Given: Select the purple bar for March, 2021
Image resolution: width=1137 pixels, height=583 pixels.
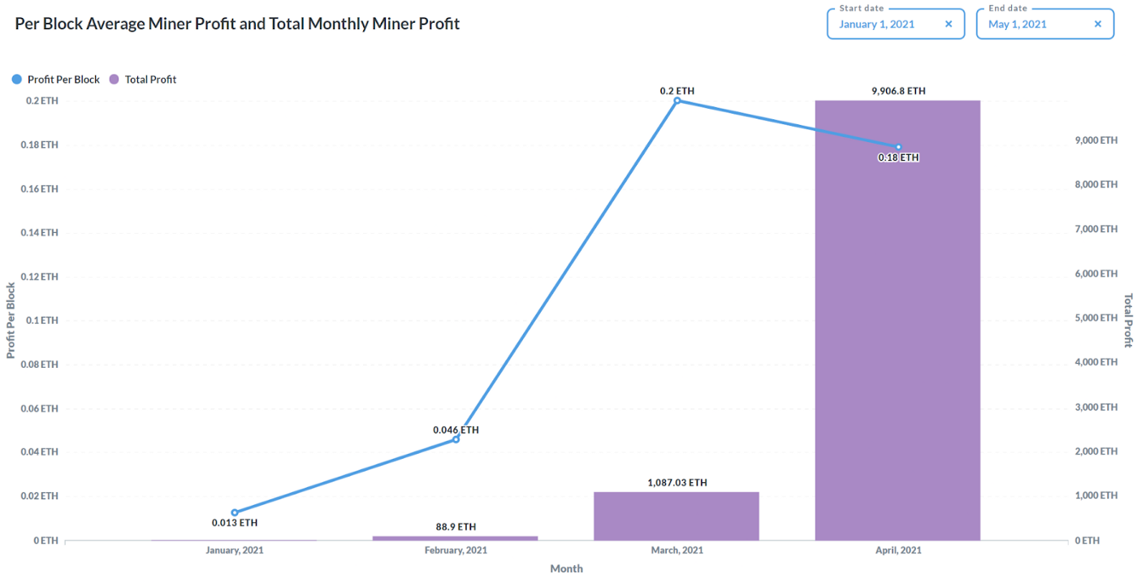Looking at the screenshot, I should pos(677,516).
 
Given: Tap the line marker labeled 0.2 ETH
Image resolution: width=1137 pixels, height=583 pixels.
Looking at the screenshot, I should pos(677,101).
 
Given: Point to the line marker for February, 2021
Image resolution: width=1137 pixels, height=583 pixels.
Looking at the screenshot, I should pos(456,439).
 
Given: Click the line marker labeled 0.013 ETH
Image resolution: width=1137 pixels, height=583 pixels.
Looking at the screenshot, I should pos(235,512).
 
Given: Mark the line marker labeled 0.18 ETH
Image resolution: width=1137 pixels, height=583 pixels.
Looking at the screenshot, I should pos(898,147).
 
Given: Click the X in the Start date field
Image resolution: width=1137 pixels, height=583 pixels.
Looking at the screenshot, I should pos(948,24).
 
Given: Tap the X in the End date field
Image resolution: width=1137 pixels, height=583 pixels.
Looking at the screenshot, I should pos(1097,24).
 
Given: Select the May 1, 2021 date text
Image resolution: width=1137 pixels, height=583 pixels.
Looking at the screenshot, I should pos(1017,24).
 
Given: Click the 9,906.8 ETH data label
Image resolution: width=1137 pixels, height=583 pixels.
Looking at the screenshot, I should pos(898,91).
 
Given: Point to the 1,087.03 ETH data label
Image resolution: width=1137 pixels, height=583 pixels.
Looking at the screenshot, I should pos(677,482).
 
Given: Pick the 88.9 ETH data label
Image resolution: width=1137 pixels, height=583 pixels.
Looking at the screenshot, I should pos(456,527).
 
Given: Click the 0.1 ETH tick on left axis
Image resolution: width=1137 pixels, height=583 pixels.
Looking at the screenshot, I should pos(41,321).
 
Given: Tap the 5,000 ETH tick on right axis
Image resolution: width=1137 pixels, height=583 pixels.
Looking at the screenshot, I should pos(1096,318).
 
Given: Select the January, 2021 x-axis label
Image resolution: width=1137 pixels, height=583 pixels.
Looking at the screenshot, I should pos(234,551).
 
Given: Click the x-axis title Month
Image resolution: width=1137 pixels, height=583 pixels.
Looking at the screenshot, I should pos(566,569).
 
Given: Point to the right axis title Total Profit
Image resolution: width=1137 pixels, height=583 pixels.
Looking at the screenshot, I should pos(1127,320).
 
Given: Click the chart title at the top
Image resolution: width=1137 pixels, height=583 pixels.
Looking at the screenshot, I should pos(237,24).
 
